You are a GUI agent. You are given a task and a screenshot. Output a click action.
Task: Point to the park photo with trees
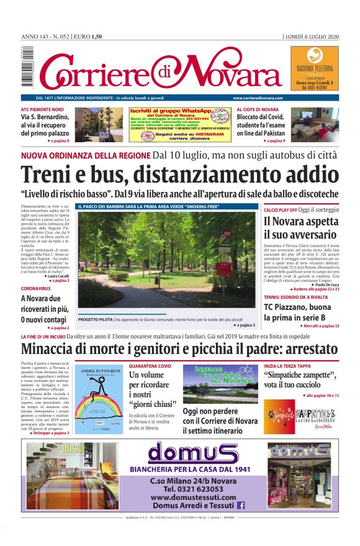click(x=166, y=259)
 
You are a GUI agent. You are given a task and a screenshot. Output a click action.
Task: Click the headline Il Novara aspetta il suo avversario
click(x=300, y=228)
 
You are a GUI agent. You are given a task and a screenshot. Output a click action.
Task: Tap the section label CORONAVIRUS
click(x=35, y=289)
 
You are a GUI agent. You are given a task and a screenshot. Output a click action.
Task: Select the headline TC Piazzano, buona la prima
click(x=297, y=312)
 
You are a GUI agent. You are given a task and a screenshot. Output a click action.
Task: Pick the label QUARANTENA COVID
click(x=150, y=366)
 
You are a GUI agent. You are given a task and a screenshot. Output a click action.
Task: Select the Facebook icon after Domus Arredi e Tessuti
click(x=241, y=506)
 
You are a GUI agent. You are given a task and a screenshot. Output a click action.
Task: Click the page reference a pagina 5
click(x=245, y=325)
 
